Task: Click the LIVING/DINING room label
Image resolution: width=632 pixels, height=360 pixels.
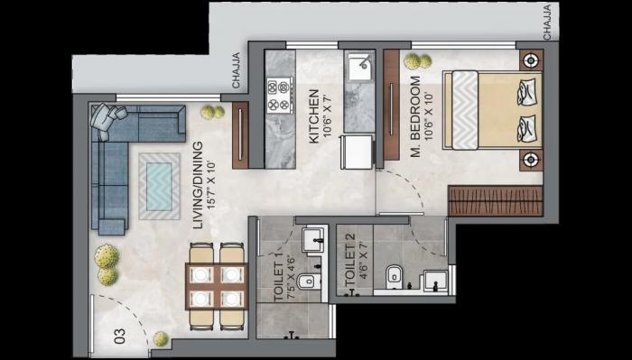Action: [x=202, y=172]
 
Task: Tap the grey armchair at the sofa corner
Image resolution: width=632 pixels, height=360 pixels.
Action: [x=111, y=117]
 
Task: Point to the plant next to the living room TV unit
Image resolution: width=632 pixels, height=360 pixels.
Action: [x=212, y=111]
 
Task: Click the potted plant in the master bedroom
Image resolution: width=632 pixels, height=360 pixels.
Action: [x=417, y=61]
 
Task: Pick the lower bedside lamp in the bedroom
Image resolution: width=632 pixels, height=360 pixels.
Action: [x=531, y=160]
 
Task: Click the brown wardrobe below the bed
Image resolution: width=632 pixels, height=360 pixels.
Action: [x=495, y=200]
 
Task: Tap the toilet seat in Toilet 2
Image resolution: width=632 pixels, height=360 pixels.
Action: [x=395, y=277]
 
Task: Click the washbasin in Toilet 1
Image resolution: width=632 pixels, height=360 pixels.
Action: [x=314, y=239]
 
